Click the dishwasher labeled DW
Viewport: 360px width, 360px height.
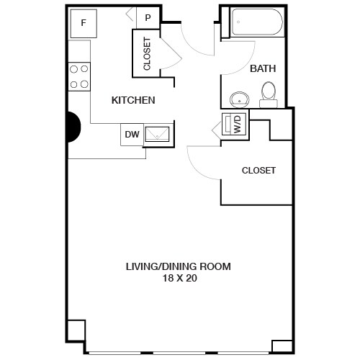132,134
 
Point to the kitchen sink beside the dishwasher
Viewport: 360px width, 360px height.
158,133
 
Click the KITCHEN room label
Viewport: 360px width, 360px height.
133,101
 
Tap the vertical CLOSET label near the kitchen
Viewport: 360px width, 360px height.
147,53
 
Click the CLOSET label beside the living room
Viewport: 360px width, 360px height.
258,171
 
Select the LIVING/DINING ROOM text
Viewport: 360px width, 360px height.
179,266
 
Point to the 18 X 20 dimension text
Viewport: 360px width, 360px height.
179,279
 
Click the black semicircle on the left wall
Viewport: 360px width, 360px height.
72,127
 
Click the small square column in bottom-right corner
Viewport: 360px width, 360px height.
282,343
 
